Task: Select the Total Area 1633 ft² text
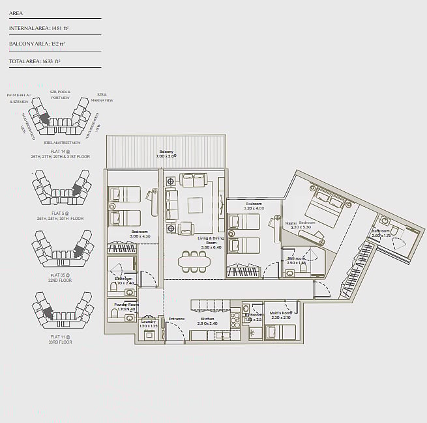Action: coord(35,61)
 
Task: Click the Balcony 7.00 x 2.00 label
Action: coord(166,154)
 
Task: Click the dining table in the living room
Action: coord(194,262)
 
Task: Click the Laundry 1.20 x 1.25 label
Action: coord(149,323)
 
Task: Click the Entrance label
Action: coord(176,319)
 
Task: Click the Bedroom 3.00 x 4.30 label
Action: coord(140,234)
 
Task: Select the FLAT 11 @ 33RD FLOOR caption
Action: coord(61,339)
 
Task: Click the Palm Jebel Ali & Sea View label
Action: coord(18,98)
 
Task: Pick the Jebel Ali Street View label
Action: coord(62,143)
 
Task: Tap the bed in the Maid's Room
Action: coord(280,332)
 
